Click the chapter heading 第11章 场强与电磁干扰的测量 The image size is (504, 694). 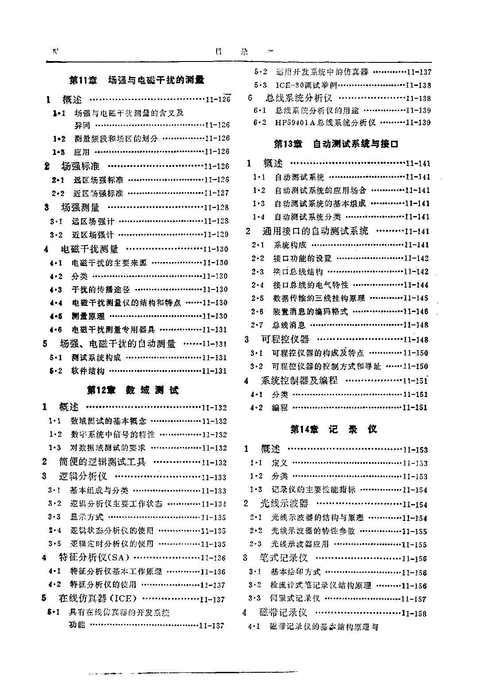pos(137,81)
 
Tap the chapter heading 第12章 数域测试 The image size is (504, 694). pos(133,390)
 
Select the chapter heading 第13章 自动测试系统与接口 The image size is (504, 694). pos(337,144)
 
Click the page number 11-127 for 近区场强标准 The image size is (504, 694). pos(217,193)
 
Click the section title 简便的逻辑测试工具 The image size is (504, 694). pos(102,462)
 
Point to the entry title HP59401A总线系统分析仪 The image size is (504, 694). pos(326,122)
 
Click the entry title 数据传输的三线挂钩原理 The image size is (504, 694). pos(319,298)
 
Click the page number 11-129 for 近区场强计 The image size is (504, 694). pos(216,234)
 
